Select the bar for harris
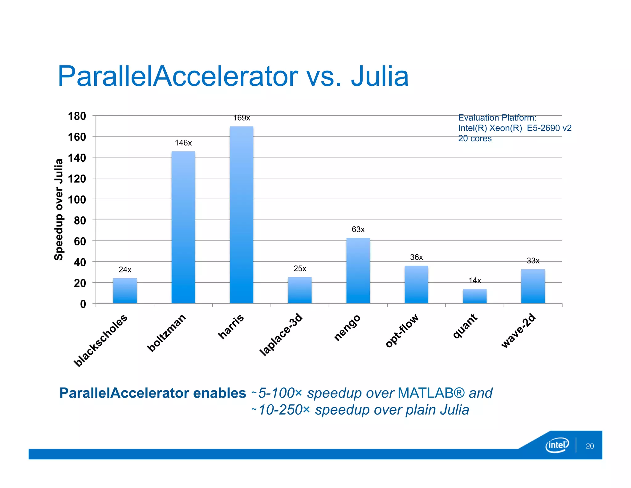(x=242, y=215)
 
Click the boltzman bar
(x=183, y=227)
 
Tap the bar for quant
(x=474, y=296)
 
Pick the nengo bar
(x=358, y=271)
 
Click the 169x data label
(x=242, y=118)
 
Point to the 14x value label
(x=474, y=280)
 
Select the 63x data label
(x=358, y=230)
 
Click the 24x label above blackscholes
(x=125, y=270)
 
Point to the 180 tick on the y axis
(x=77, y=116)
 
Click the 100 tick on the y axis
(x=77, y=200)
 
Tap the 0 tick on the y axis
(x=83, y=304)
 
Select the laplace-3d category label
(x=281, y=334)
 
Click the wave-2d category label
(x=519, y=330)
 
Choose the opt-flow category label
(x=402, y=330)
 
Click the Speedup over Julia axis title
(x=59, y=209)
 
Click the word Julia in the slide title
(x=380, y=76)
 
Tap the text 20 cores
(x=474, y=139)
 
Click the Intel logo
(x=557, y=445)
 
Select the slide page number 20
(x=589, y=446)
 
